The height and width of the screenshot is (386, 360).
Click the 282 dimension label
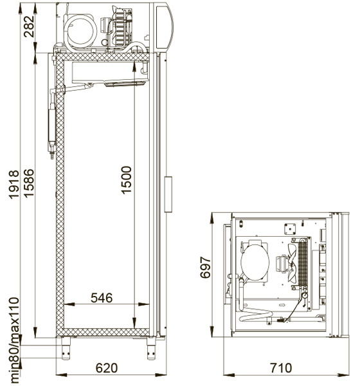point(30,26)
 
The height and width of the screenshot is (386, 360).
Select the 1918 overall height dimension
point(14,185)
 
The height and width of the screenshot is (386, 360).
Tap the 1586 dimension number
point(29,183)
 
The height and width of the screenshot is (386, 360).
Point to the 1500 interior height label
point(127,180)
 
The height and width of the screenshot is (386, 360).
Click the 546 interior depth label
point(102,298)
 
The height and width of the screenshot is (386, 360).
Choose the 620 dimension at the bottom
point(107,368)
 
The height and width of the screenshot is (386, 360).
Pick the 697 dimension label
point(205,268)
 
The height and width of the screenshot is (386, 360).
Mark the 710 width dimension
point(281,368)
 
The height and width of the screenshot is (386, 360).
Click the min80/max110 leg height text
point(14,340)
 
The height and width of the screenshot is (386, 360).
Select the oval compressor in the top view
point(255,262)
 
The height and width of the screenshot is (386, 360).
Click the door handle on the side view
point(168,194)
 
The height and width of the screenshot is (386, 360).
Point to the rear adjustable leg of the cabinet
point(66,348)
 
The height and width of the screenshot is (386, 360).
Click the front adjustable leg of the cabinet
point(151,348)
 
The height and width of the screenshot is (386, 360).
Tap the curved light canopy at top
point(165,27)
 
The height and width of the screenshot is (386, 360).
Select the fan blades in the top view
point(292,263)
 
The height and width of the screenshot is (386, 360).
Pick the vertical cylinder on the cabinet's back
point(51,125)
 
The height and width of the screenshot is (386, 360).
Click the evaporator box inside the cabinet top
point(110,72)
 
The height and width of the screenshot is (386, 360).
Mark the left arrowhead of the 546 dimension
point(69,304)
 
